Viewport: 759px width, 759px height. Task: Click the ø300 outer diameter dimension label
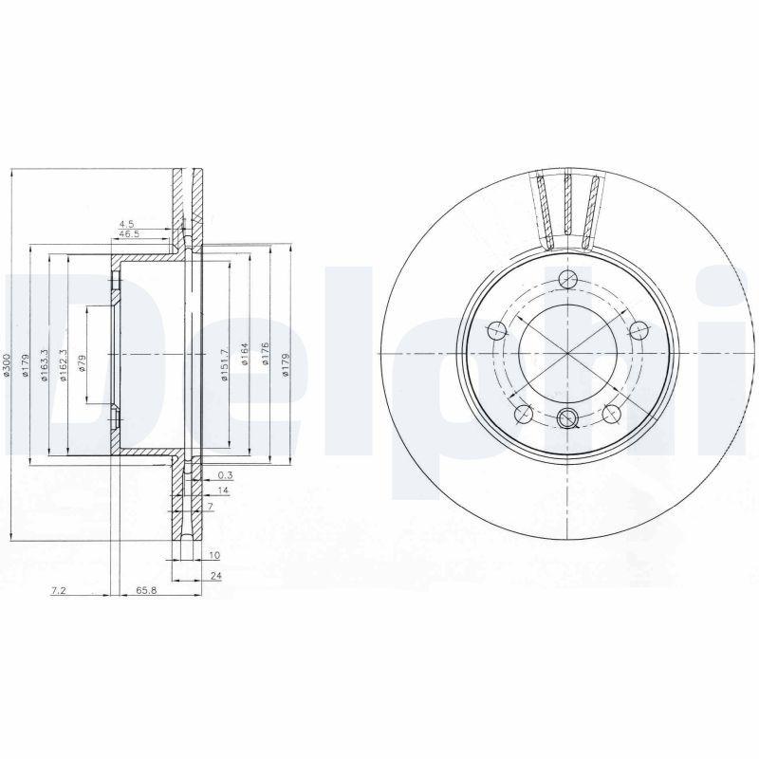(8, 368)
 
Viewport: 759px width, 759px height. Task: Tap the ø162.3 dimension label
(63, 366)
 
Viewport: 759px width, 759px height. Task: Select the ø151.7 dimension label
(225, 365)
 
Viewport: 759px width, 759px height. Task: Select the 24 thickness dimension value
(217, 575)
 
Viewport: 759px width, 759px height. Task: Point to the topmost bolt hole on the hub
(567, 278)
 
